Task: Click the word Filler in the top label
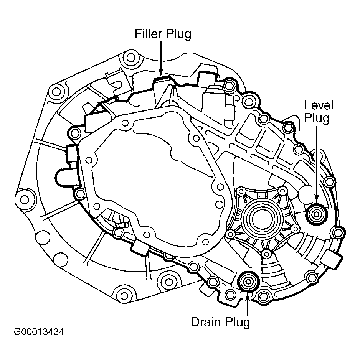pos(148,34)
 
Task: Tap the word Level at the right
pos(319,105)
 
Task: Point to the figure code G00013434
pos(39,332)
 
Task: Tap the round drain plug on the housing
pos(248,282)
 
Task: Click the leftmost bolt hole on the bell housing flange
pos(25,199)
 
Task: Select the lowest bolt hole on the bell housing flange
pos(124,296)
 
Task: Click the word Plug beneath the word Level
pos(317,119)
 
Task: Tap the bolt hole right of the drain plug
pos(263,296)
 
